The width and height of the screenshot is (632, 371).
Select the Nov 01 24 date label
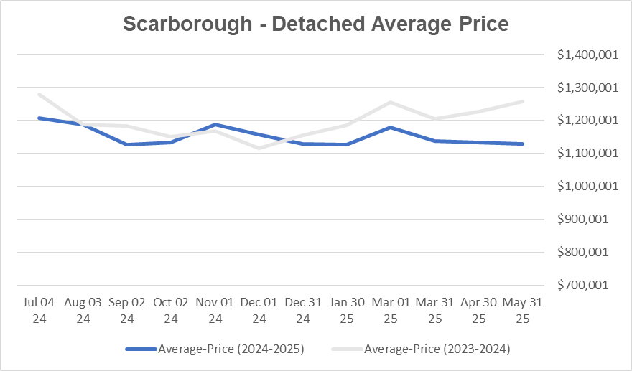click(215, 310)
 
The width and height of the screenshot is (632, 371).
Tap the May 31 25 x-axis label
click(522, 310)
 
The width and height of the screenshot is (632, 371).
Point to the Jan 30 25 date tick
click(347, 310)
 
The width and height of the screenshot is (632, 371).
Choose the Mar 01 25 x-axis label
click(391, 310)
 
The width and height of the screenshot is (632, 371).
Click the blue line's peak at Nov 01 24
click(215, 125)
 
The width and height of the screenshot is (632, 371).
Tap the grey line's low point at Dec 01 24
click(259, 149)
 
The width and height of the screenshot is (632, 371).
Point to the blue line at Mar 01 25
click(391, 128)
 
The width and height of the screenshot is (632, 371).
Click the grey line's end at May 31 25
click(522, 101)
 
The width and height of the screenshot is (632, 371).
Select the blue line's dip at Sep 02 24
click(128, 144)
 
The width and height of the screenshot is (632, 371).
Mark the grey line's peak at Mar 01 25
click(391, 102)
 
